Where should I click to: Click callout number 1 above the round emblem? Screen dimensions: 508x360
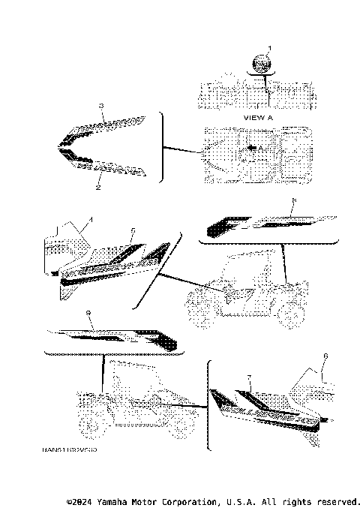[x=271, y=48]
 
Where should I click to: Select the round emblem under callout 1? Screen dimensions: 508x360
[x=262, y=64]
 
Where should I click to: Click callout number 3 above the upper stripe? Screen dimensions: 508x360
[x=101, y=107]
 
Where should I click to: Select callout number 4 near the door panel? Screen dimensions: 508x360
[x=91, y=220]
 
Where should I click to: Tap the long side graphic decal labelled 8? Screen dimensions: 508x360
[x=262, y=222]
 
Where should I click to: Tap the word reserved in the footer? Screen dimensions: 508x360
[x=337, y=500]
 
